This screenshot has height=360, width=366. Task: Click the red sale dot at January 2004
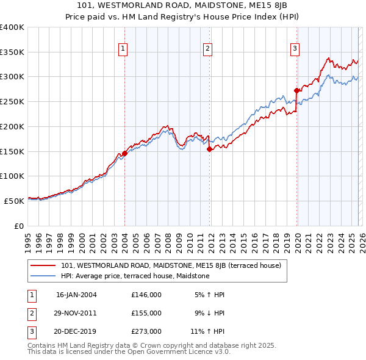tap(124, 154)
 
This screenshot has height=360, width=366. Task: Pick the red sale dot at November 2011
tap(209, 149)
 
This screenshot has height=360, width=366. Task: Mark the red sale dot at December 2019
tap(296, 91)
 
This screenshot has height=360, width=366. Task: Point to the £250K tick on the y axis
tap(12, 101)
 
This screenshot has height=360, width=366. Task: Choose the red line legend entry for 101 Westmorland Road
tap(171, 265)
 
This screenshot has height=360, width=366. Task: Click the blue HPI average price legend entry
tap(135, 276)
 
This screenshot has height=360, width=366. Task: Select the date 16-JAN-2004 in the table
tap(76, 295)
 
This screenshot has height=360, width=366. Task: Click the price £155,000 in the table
tap(146, 313)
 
